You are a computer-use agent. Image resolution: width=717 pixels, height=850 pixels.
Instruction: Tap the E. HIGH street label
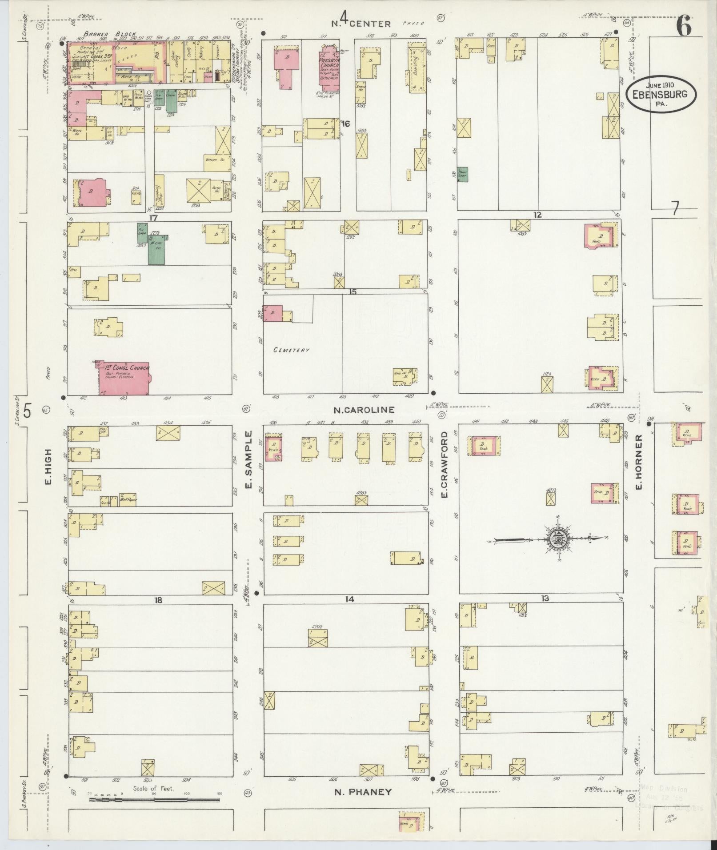[x=48, y=467]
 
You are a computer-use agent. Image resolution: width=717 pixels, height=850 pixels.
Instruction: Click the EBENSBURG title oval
[x=661, y=94]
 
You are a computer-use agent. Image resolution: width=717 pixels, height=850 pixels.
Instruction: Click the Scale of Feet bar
[x=154, y=800]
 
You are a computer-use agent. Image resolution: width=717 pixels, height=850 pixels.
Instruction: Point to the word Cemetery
[x=291, y=350]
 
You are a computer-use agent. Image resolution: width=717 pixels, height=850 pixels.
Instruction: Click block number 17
[x=154, y=218]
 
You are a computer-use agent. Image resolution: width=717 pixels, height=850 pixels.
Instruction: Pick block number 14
[x=349, y=599]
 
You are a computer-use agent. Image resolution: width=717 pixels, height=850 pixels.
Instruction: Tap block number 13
[x=545, y=599]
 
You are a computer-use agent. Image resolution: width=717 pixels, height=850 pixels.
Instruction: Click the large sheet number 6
[x=684, y=28]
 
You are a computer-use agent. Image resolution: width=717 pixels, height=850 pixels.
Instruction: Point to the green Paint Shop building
[x=464, y=175]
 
